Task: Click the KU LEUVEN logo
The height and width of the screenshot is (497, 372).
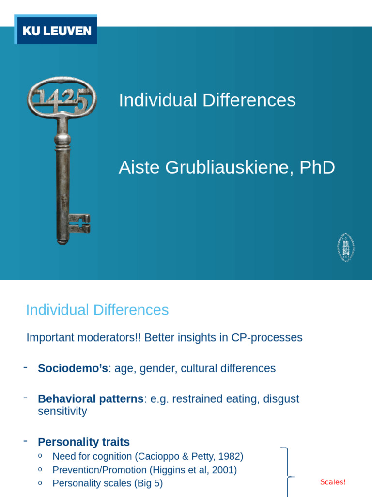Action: (56, 31)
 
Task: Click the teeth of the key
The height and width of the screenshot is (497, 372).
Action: (79, 224)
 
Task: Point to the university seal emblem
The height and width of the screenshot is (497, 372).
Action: (345, 248)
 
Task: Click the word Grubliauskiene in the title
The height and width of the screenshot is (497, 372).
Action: (231, 168)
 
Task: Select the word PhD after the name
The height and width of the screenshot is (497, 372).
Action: (317, 168)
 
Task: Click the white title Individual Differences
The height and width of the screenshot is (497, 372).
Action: (207, 100)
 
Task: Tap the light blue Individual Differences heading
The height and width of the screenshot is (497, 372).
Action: (97, 310)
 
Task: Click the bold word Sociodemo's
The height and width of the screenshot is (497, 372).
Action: (73, 368)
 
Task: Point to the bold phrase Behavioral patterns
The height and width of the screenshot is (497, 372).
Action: (91, 399)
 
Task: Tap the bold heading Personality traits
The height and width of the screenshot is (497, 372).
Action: (84, 442)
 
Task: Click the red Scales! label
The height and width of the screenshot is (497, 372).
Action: (333, 482)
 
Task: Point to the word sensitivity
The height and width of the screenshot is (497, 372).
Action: (62, 412)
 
